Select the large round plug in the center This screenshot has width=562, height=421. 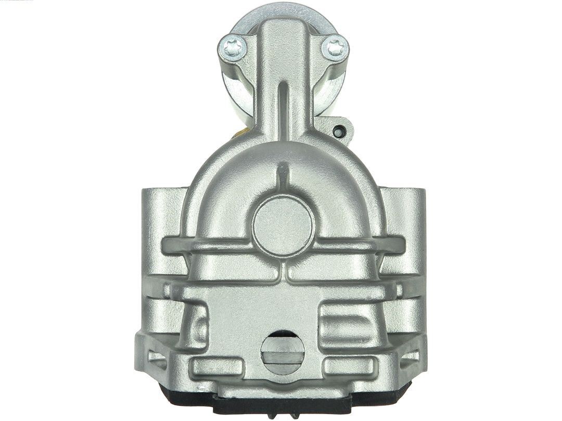284,225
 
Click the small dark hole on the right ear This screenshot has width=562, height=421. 339,132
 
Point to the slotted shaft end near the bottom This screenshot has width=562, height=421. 283,354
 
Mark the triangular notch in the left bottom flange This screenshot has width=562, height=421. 156,358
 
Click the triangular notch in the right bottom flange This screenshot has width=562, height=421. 411,358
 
